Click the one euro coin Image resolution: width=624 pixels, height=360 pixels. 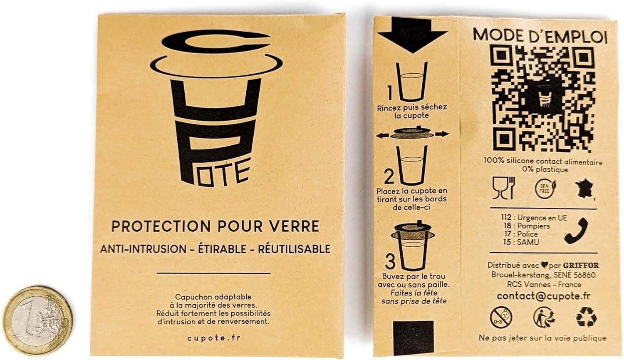pos(38,320)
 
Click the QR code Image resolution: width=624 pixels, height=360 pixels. pos(543,99)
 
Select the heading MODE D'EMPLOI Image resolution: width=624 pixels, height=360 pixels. pos(540,36)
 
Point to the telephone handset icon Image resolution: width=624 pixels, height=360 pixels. pos(576,231)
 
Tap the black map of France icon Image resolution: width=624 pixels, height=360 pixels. pos(584,189)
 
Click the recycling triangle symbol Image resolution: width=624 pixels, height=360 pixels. pos(586,317)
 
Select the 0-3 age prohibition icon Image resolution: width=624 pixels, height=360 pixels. pos(501,318)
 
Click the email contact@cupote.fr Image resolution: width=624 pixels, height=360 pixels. pos(543,296)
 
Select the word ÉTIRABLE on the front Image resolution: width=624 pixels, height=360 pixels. pos(222,248)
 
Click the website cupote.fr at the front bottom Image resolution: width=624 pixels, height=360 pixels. pos(214,338)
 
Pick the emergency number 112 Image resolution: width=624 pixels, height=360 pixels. pos(506,217)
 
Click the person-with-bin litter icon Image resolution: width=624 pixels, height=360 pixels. pos(544,318)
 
